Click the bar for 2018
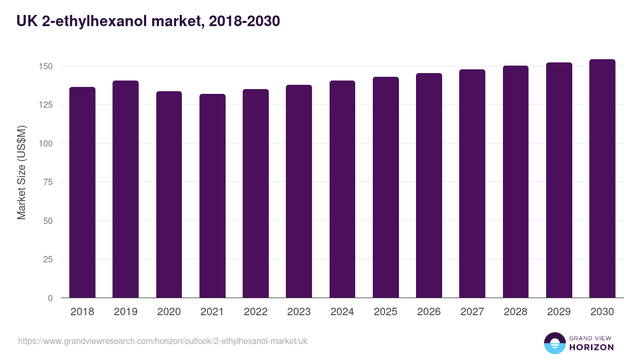pos(82,192)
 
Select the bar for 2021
pos(212,196)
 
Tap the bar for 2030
pos(602,179)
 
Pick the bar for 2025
pos(386,187)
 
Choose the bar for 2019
pos(125,189)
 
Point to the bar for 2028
pos(516,182)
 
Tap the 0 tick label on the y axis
pos(50,298)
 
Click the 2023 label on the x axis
pos(299,312)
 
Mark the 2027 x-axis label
pos(472,312)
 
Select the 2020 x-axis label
pos(169,312)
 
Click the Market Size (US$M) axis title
pos(21,172)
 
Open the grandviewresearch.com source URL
pos(163,341)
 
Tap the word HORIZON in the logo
pos(591,347)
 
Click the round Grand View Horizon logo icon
pos(555,343)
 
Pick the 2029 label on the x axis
pos(559,312)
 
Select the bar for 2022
pos(255,194)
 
